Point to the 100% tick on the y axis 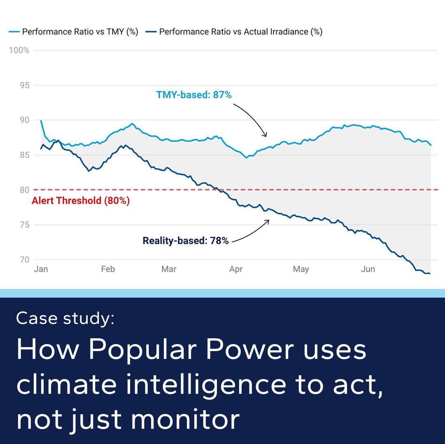19,51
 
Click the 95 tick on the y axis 25,86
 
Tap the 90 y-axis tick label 25,120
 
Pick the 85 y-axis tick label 25,155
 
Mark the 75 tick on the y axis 25,225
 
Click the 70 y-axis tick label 25,260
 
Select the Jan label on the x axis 41,269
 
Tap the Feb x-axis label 108,269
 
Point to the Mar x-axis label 169,269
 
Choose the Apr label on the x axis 236,269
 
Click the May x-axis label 301,269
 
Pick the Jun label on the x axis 368,269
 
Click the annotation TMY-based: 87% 194,95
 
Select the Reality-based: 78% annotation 185,241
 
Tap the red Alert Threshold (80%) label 81,201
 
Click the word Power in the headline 250,350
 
